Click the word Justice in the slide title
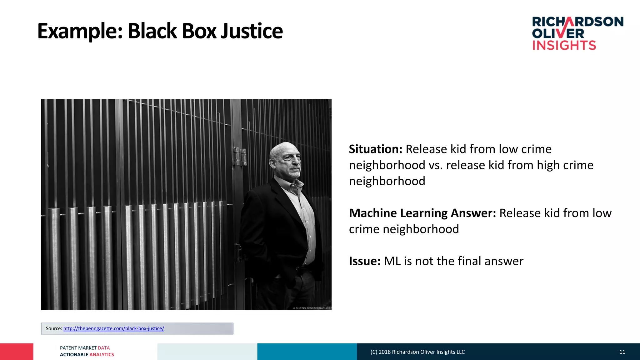[x=252, y=31]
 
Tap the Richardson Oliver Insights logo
[x=577, y=33]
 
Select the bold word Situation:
[x=375, y=149]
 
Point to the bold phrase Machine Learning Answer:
[x=422, y=213]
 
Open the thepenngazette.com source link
[x=113, y=328]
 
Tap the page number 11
[x=622, y=352]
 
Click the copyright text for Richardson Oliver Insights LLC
[x=417, y=352]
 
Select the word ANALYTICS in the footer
[x=102, y=355]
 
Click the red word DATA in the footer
[x=104, y=348]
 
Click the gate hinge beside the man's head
[x=240, y=156]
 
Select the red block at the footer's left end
[x=17, y=352]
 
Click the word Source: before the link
[x=54, y=328]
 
